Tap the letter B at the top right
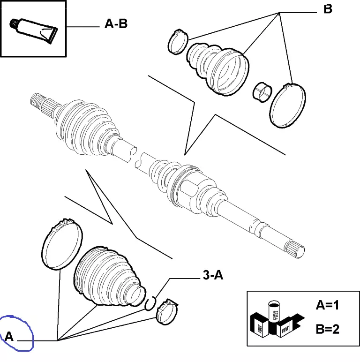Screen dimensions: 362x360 (x=328, y=9)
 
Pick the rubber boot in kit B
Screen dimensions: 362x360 (x=218, y=68)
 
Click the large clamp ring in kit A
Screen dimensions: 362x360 (x=62, y=245)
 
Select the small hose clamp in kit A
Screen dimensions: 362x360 (x=168, y=310)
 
